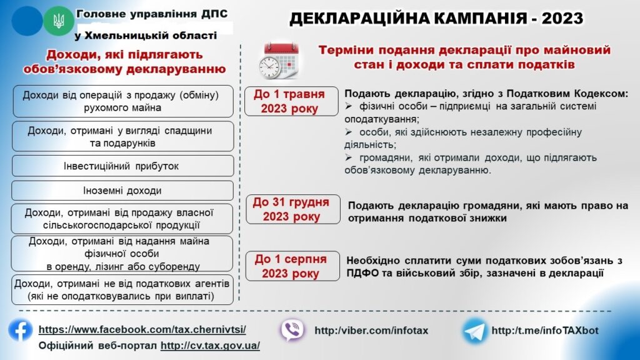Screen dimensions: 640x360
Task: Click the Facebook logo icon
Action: pyautogui.click(x=21, y=331)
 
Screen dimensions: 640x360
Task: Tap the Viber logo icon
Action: pyautogui.click(x=292, y=330)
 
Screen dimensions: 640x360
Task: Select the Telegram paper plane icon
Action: pyautogui.click(x=474, y=331)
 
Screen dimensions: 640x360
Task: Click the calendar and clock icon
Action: pyautogui.click(x=279, y=61)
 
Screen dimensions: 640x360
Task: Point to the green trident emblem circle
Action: pyautogui.click(x=59, y=21)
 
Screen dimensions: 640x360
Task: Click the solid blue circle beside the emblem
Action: pyautogui.click(x=27, y=21)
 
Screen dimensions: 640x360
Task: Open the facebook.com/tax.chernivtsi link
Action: pyautogui.click(x=142, y=329)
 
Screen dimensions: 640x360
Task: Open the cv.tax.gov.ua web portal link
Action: pyautogui.click(x=210, y=345)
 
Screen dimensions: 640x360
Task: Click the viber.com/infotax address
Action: pyautogui.click(x=371, y=330)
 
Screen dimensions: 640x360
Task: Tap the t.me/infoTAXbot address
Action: pyautogui.click(x=545, y=330)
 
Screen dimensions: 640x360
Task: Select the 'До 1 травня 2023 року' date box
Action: pyautogui.click(x=291, y=101)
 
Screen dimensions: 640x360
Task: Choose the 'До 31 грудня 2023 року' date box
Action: pyautogui.click(x=293, y=209)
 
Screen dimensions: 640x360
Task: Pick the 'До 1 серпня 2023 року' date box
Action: pyautogui.click(x=292, y=266)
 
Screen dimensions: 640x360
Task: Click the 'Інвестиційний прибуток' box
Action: pyautogui.click(x=122, y=166)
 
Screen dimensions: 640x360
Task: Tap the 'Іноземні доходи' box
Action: pyautogui.click(x=122, y=190)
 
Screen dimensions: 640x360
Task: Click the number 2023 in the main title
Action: pyautogui.click(x=562, y=18)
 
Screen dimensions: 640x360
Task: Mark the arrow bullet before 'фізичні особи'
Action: pyautogui.click(x=349, y=106)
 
